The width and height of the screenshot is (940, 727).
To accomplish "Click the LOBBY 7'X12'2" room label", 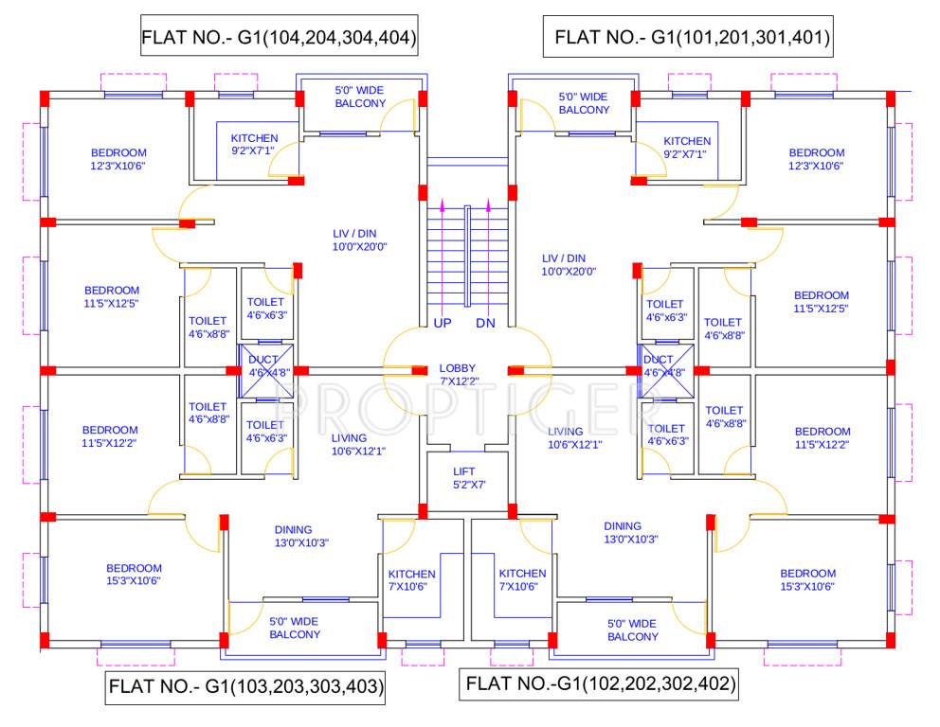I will point(457,374).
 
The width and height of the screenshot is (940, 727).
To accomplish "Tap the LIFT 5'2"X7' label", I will point(468,478).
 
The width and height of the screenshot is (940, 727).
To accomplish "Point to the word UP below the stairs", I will point(442,323).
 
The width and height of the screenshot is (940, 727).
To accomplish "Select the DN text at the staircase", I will point(486,323).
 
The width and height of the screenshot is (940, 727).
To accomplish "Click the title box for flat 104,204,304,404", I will point(279,38).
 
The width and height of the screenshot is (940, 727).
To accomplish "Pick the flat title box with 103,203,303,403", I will point(244,687).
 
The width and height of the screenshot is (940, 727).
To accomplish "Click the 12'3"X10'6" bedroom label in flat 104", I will point(118,159).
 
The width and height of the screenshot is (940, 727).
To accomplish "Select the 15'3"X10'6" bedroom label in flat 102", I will point(807,579).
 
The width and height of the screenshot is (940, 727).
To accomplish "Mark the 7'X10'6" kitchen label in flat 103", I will point(411,580).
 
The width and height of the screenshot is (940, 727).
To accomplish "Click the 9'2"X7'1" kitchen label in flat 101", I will point(686,147).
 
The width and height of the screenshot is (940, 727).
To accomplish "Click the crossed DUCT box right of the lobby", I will point(660,366).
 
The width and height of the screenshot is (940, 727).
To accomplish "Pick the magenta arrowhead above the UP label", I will point(442,204).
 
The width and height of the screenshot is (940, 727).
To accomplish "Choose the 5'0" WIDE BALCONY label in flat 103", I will point(294,628).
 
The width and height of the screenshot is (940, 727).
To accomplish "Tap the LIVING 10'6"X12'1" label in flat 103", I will point(357,444).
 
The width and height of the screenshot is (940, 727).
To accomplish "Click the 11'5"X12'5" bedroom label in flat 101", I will point(821,301).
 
